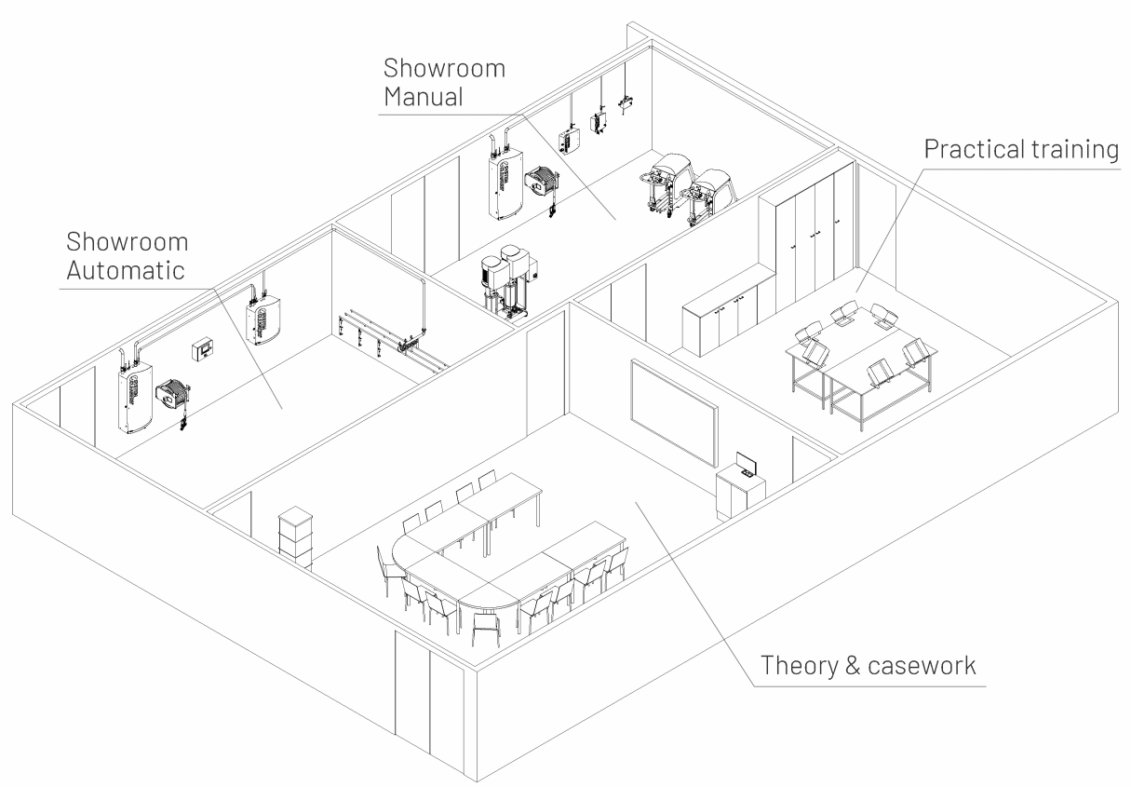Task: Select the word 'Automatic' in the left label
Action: click(126, 270)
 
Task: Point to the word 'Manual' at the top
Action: click(425, 95)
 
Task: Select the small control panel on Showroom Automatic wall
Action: click(201, 350)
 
